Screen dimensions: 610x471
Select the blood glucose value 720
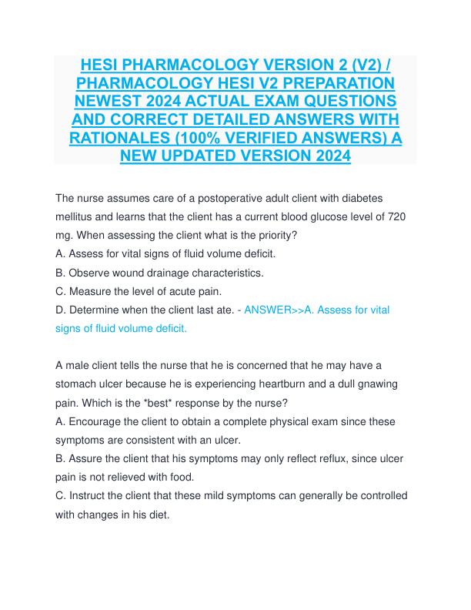(397, 217)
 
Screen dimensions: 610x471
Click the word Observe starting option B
(91, 273)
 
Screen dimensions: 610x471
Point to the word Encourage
(98, 421)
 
